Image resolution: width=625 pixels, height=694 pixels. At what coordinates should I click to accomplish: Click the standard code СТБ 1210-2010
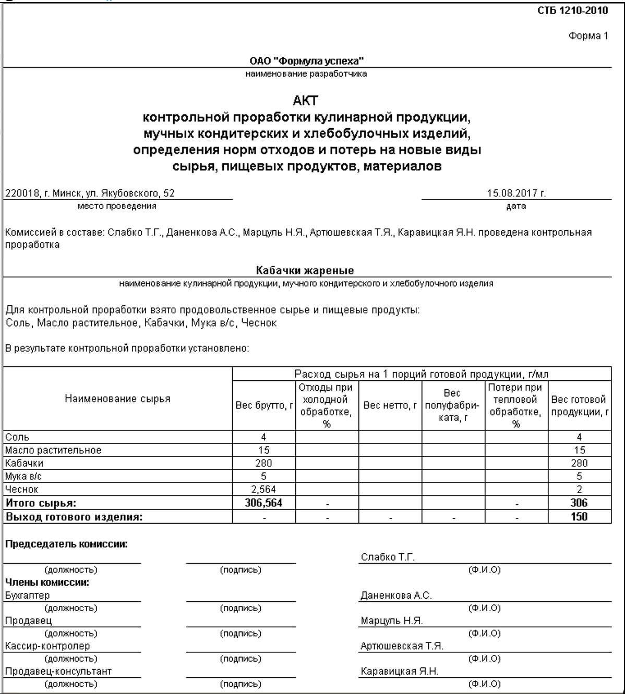[572, 11]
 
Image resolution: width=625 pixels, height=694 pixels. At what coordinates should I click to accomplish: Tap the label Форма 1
[588, 36]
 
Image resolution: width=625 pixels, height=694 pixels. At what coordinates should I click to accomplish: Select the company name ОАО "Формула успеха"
[307, 61]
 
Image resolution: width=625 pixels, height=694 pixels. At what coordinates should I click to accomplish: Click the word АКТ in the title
[306, 101]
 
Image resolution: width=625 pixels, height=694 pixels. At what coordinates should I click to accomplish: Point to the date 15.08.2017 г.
[516, 193]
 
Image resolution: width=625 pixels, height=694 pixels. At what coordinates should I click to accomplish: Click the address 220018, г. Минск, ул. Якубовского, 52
[90, 193]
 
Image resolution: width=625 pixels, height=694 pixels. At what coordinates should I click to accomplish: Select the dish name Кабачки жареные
[305, 270]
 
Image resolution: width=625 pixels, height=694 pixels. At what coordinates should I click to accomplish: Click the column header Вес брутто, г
[264, 405]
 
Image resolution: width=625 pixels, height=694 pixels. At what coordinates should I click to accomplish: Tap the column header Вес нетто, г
[390, 405]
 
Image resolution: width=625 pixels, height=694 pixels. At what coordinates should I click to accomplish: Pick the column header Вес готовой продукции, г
[579, 405]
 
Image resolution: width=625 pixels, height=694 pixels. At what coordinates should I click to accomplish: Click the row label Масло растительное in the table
[53, 450]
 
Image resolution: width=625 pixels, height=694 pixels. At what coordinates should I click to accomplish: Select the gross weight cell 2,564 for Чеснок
[263, 489]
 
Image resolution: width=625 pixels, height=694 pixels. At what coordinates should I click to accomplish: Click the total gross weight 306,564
[263, 503]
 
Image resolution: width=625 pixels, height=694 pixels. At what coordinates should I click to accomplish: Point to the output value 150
[579, 517]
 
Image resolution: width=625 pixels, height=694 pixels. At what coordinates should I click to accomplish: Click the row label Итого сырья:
[41, 503]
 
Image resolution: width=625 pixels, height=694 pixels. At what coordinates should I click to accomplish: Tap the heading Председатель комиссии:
[66, 544]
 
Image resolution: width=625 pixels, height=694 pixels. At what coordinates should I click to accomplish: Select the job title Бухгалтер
[27, 595]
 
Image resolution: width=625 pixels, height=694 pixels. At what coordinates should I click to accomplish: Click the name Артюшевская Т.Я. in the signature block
[402, 646]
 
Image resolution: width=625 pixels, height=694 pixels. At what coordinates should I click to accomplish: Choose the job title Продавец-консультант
[58, 672]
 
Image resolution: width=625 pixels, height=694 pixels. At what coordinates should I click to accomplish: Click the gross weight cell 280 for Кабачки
[263, 463]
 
